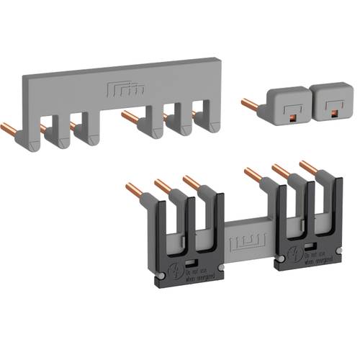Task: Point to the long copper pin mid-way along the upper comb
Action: (132, 114)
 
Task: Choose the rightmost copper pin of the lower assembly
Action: (307, 167)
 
